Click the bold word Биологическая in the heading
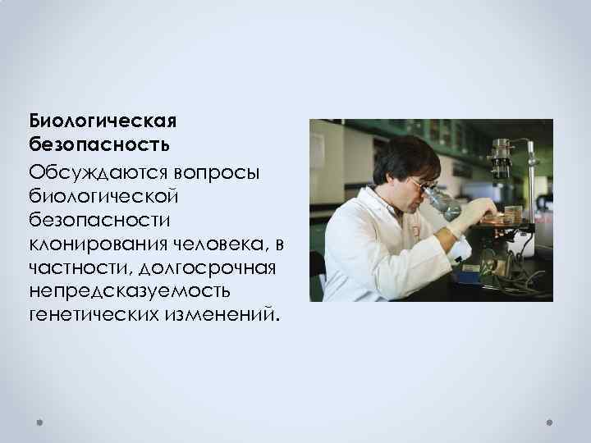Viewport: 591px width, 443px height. point(103,121)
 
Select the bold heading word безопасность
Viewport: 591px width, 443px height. point(99,145)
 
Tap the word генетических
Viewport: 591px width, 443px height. point(89,315)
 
